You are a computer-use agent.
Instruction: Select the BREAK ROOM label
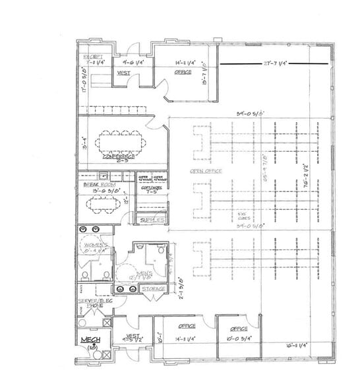tap(96, 185)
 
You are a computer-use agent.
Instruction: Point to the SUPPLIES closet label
tap(151, 218)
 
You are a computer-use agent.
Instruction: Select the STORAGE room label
tap(153, 289)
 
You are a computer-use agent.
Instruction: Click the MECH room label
tap(90, 340)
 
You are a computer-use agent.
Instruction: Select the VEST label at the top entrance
tap(123, 73)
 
